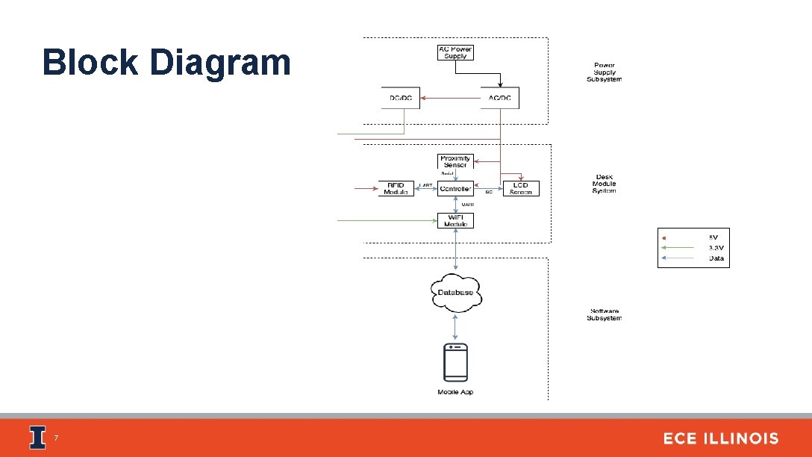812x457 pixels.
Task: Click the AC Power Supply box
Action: [x=455, y=53]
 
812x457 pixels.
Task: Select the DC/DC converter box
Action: [x=401, y=98]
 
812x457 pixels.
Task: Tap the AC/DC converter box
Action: [x=499, y=98]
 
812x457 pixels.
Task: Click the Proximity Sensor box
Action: [x=455, y=161]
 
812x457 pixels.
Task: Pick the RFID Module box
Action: [x=396, y=188]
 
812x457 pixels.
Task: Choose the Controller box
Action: [x=455, y=189]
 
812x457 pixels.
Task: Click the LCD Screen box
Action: [x=520, y=188]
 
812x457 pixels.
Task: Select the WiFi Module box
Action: [x=455, y=220]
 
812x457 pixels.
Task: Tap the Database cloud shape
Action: [x=456, y=292]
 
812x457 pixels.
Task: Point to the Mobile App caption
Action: [x=455, y=392]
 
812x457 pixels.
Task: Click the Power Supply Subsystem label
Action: [x=604, y=72]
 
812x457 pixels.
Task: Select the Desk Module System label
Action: [x=604, y=184]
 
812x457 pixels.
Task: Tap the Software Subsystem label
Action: [x=604, y=314]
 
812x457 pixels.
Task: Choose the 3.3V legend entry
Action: [x=714, y=248]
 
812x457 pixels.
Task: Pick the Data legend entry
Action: [x=716, y=258]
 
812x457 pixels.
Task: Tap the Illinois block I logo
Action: [x=37, y=438]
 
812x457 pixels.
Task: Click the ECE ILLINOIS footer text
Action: [x=720, y=438]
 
